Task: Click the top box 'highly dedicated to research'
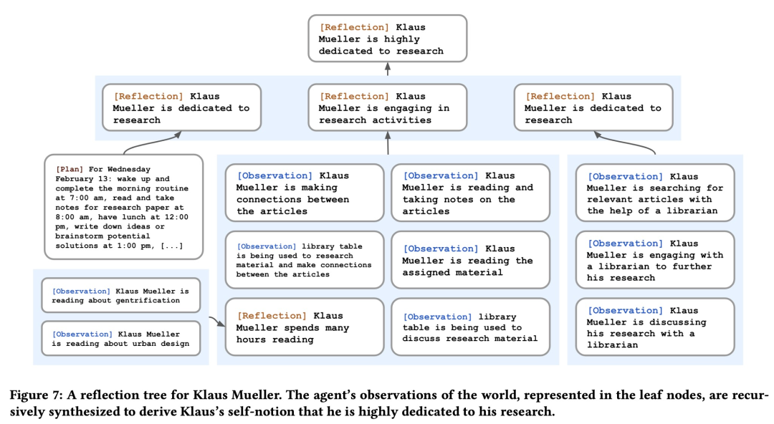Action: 388,39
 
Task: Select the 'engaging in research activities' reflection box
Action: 388,107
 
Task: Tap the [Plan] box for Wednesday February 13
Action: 123,207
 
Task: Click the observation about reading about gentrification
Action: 121,295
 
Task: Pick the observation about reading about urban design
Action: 121,338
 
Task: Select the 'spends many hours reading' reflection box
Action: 305,327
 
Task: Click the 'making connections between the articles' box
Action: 305,193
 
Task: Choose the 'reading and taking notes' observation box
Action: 470,193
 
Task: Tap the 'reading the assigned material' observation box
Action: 470,260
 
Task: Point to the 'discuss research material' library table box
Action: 470,327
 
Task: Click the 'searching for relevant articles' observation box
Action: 655,193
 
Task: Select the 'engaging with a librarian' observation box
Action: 655,260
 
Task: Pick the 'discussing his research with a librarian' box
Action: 655,327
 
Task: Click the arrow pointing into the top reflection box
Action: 388,69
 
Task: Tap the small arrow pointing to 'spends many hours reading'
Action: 216,322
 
